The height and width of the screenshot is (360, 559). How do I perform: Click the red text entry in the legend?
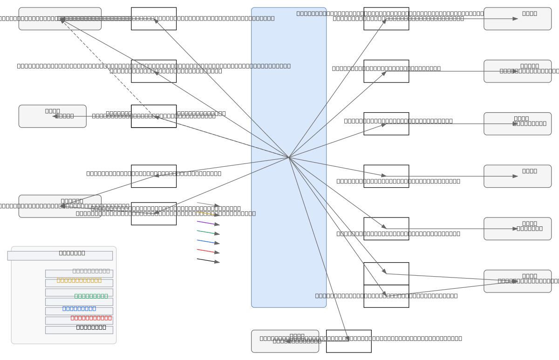pos(91,318)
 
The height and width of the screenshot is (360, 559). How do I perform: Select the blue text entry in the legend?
pos(79,308)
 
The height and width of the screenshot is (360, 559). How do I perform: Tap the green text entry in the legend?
pos(91,296)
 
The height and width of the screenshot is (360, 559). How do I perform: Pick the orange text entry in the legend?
pos(79,280)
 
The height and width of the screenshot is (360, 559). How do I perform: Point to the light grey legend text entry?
pos(91,271)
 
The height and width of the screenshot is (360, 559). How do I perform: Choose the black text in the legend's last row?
pos(91,327)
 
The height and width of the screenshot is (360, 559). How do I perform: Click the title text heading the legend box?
pos(72,253)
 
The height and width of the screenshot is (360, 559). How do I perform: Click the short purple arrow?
pos(208,223)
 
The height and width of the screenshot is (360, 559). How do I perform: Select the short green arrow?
pos(208,232)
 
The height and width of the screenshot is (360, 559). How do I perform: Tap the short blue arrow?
pos(208,242)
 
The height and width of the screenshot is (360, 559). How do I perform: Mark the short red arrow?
pos(208,251)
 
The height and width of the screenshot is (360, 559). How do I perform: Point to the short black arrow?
pos(208,261)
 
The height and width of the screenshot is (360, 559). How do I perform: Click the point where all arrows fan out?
pos(289,157)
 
